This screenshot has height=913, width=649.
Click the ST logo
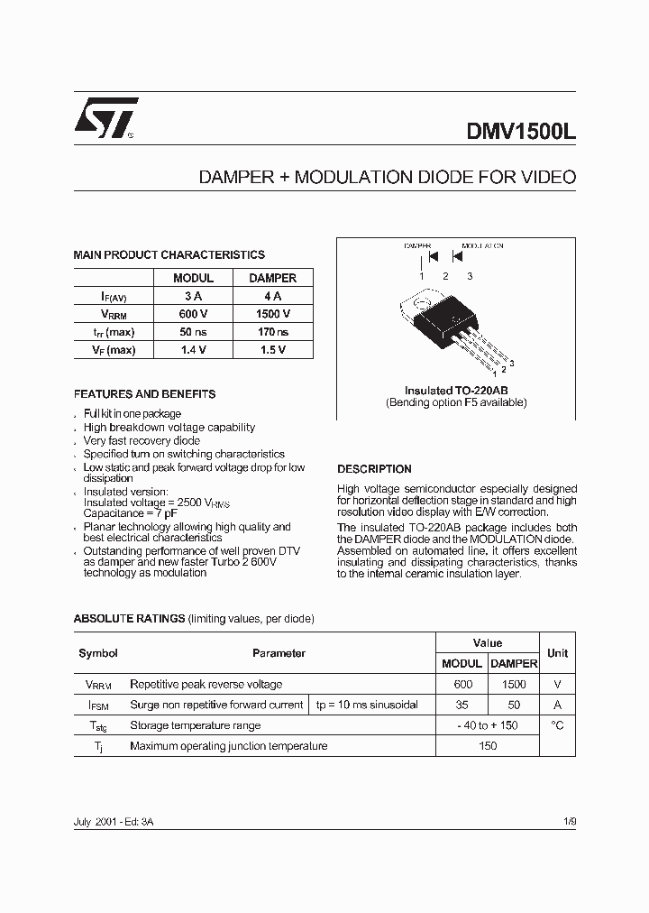point(105,118)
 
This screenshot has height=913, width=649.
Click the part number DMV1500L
point(520,129)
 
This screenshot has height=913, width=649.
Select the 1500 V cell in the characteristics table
point(272,314)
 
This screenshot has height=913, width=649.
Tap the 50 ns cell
point(193,332)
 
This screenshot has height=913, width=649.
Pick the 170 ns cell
point(272,332)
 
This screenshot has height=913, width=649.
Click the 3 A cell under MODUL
point(193,296)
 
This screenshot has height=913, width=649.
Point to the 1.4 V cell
point(193,350)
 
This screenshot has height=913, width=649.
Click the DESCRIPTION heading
point(374,469)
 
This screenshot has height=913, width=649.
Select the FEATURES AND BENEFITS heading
point(144,394)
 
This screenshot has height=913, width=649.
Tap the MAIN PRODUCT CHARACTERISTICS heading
point(169,255)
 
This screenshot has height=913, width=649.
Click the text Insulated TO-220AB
point(456,391)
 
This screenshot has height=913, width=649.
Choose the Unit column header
point(557,652)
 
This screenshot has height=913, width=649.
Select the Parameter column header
point(279,653)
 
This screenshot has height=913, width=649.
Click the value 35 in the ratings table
point(462,705)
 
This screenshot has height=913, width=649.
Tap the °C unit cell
point(557,725)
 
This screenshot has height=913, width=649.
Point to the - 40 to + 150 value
point(487,725)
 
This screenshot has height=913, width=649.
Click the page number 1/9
point(568,823)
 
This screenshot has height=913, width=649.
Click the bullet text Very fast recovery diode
point(142,441)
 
